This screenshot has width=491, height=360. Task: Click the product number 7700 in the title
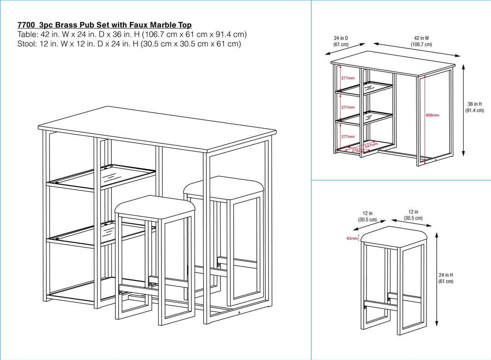[x=26, y=25]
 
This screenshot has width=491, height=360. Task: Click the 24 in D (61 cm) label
[x=341, y=41]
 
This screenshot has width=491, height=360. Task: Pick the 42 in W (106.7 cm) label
[x=421, y=41]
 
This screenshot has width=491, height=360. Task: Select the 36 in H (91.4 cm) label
[x=474, y=107]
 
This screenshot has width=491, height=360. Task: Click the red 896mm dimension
[x=432, y=115]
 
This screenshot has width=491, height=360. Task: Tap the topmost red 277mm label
[x=348, y=78]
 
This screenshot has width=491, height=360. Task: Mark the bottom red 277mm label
[x=348, y=136]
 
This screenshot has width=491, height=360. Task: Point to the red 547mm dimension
[x=371, y=145]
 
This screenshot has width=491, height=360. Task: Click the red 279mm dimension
[x=357, y=150]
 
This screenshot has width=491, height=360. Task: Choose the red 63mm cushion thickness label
[x=352, y=239]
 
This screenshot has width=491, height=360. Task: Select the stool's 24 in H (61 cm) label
[x=446, y=278]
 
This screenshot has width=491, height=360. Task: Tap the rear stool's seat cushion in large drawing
[x=224, y=185]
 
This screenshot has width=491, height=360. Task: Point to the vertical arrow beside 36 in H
[x=463, y=110]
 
